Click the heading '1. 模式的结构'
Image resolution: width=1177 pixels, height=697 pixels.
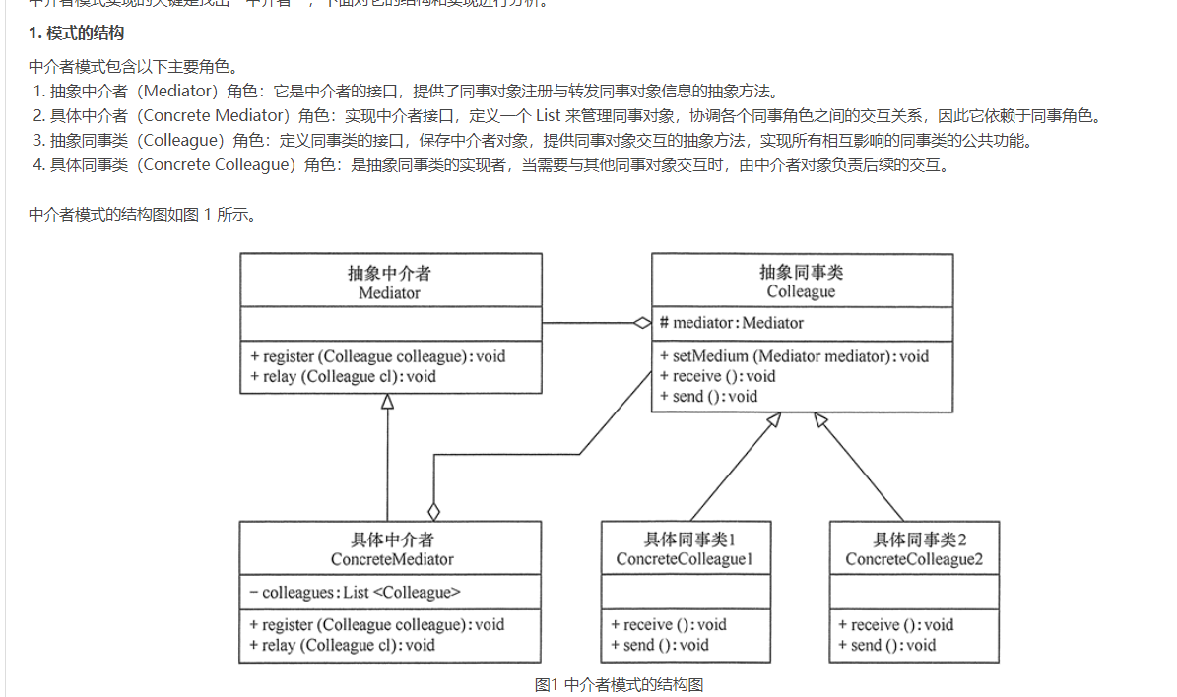[x=77, y=33]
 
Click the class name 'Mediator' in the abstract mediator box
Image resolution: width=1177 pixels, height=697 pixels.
[x=389, y=292]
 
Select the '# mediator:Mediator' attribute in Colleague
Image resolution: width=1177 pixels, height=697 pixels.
[x=732, y=323]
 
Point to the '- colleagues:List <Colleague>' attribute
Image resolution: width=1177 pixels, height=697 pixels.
[x=355, y=592]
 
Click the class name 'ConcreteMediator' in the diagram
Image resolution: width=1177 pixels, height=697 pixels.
[x=392, y=559]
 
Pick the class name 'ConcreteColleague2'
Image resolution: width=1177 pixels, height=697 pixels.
[x=914, y=559]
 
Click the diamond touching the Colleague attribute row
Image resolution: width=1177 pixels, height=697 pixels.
[x=642, y=323]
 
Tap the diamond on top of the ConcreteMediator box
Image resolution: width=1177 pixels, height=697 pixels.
[x=433, y=512]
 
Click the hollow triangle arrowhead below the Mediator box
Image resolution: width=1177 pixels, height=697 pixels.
[x=388, y=402]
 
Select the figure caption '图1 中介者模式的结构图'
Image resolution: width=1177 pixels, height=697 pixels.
[x=619, y=685]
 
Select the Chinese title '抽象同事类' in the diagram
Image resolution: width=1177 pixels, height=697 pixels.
[x=801, y=272]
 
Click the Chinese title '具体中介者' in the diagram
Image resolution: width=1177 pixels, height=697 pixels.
[x=392, y=539]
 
